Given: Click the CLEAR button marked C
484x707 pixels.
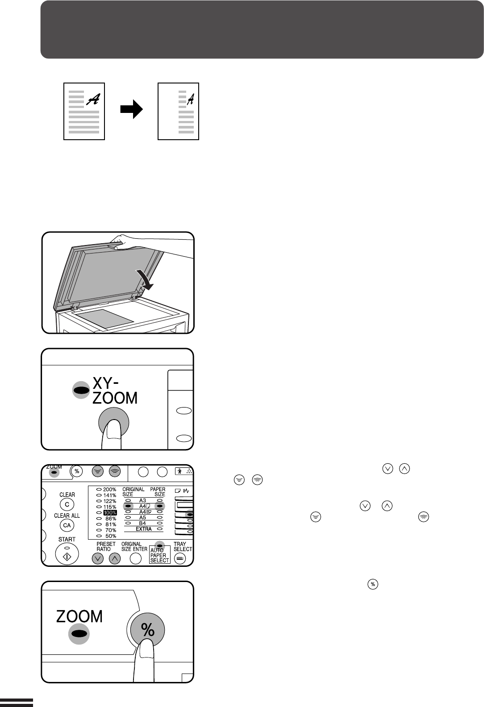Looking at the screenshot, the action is pyautogui.click(x=67, y=504).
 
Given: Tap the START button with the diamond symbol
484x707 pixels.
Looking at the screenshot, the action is pyautogui.click(x=67, y=554).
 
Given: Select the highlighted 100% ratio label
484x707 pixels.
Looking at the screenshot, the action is pyautogui.click(x=110, y=512).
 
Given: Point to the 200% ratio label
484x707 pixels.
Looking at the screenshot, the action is pyautogui.click(x=109, y=490).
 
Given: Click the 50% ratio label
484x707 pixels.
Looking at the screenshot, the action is pyautogui.click(x=111, y=536).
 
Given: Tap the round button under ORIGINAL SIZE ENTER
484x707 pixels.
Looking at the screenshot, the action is pyautogui.click(x=135, y=558).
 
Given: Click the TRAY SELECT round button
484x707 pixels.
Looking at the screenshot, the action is pyautogui.click(x=180, y=558).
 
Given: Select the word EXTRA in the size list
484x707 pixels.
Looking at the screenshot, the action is pyautogui.click(x=144, y=528).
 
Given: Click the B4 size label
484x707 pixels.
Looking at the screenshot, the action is pyautogui.click(x=142, y=523).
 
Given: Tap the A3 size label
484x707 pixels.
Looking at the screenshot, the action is pyautogui.click(x=142, y=500).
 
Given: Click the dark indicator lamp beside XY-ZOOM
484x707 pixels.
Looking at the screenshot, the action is pyautogui.click(x=81, y=391).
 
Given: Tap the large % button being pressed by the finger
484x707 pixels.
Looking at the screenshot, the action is pyautogui.click(x=147, y=630).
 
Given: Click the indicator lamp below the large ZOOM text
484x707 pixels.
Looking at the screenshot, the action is pyautogui.click(x=79, y=633).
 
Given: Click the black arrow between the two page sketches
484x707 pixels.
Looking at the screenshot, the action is pyautogui.click(x=132, y=109).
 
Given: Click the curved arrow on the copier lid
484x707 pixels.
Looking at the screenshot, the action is pyautogui.click(x=145, y=280).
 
